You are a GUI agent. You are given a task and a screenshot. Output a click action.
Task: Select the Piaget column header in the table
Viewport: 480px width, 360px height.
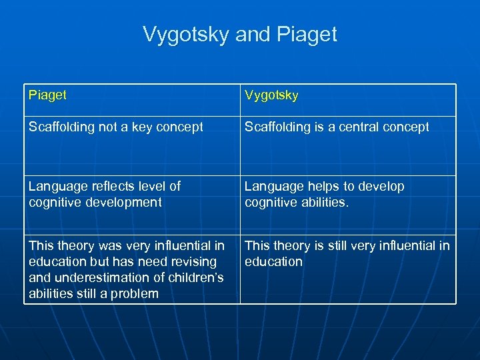tap(47, 95)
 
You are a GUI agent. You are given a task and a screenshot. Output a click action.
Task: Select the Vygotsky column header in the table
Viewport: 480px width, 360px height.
tap(271, 95)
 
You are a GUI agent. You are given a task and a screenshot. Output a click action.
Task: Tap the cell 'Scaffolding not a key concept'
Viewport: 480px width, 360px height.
tap(116, 127)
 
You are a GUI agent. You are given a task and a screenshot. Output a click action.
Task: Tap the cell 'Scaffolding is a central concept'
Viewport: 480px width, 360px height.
tap(337, 127)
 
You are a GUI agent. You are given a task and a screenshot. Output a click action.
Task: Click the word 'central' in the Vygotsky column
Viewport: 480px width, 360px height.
tap(360, 127)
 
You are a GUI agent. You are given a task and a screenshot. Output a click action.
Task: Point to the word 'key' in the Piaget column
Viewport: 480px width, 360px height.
tap(140, 127)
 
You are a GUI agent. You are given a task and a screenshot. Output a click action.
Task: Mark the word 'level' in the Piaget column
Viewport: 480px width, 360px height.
tap(149, 187)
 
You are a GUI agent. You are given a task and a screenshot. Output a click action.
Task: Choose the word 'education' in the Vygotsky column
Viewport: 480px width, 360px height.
tap(273, 262)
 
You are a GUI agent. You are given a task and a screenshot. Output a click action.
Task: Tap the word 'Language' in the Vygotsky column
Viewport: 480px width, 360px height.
tap(271, 187)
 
